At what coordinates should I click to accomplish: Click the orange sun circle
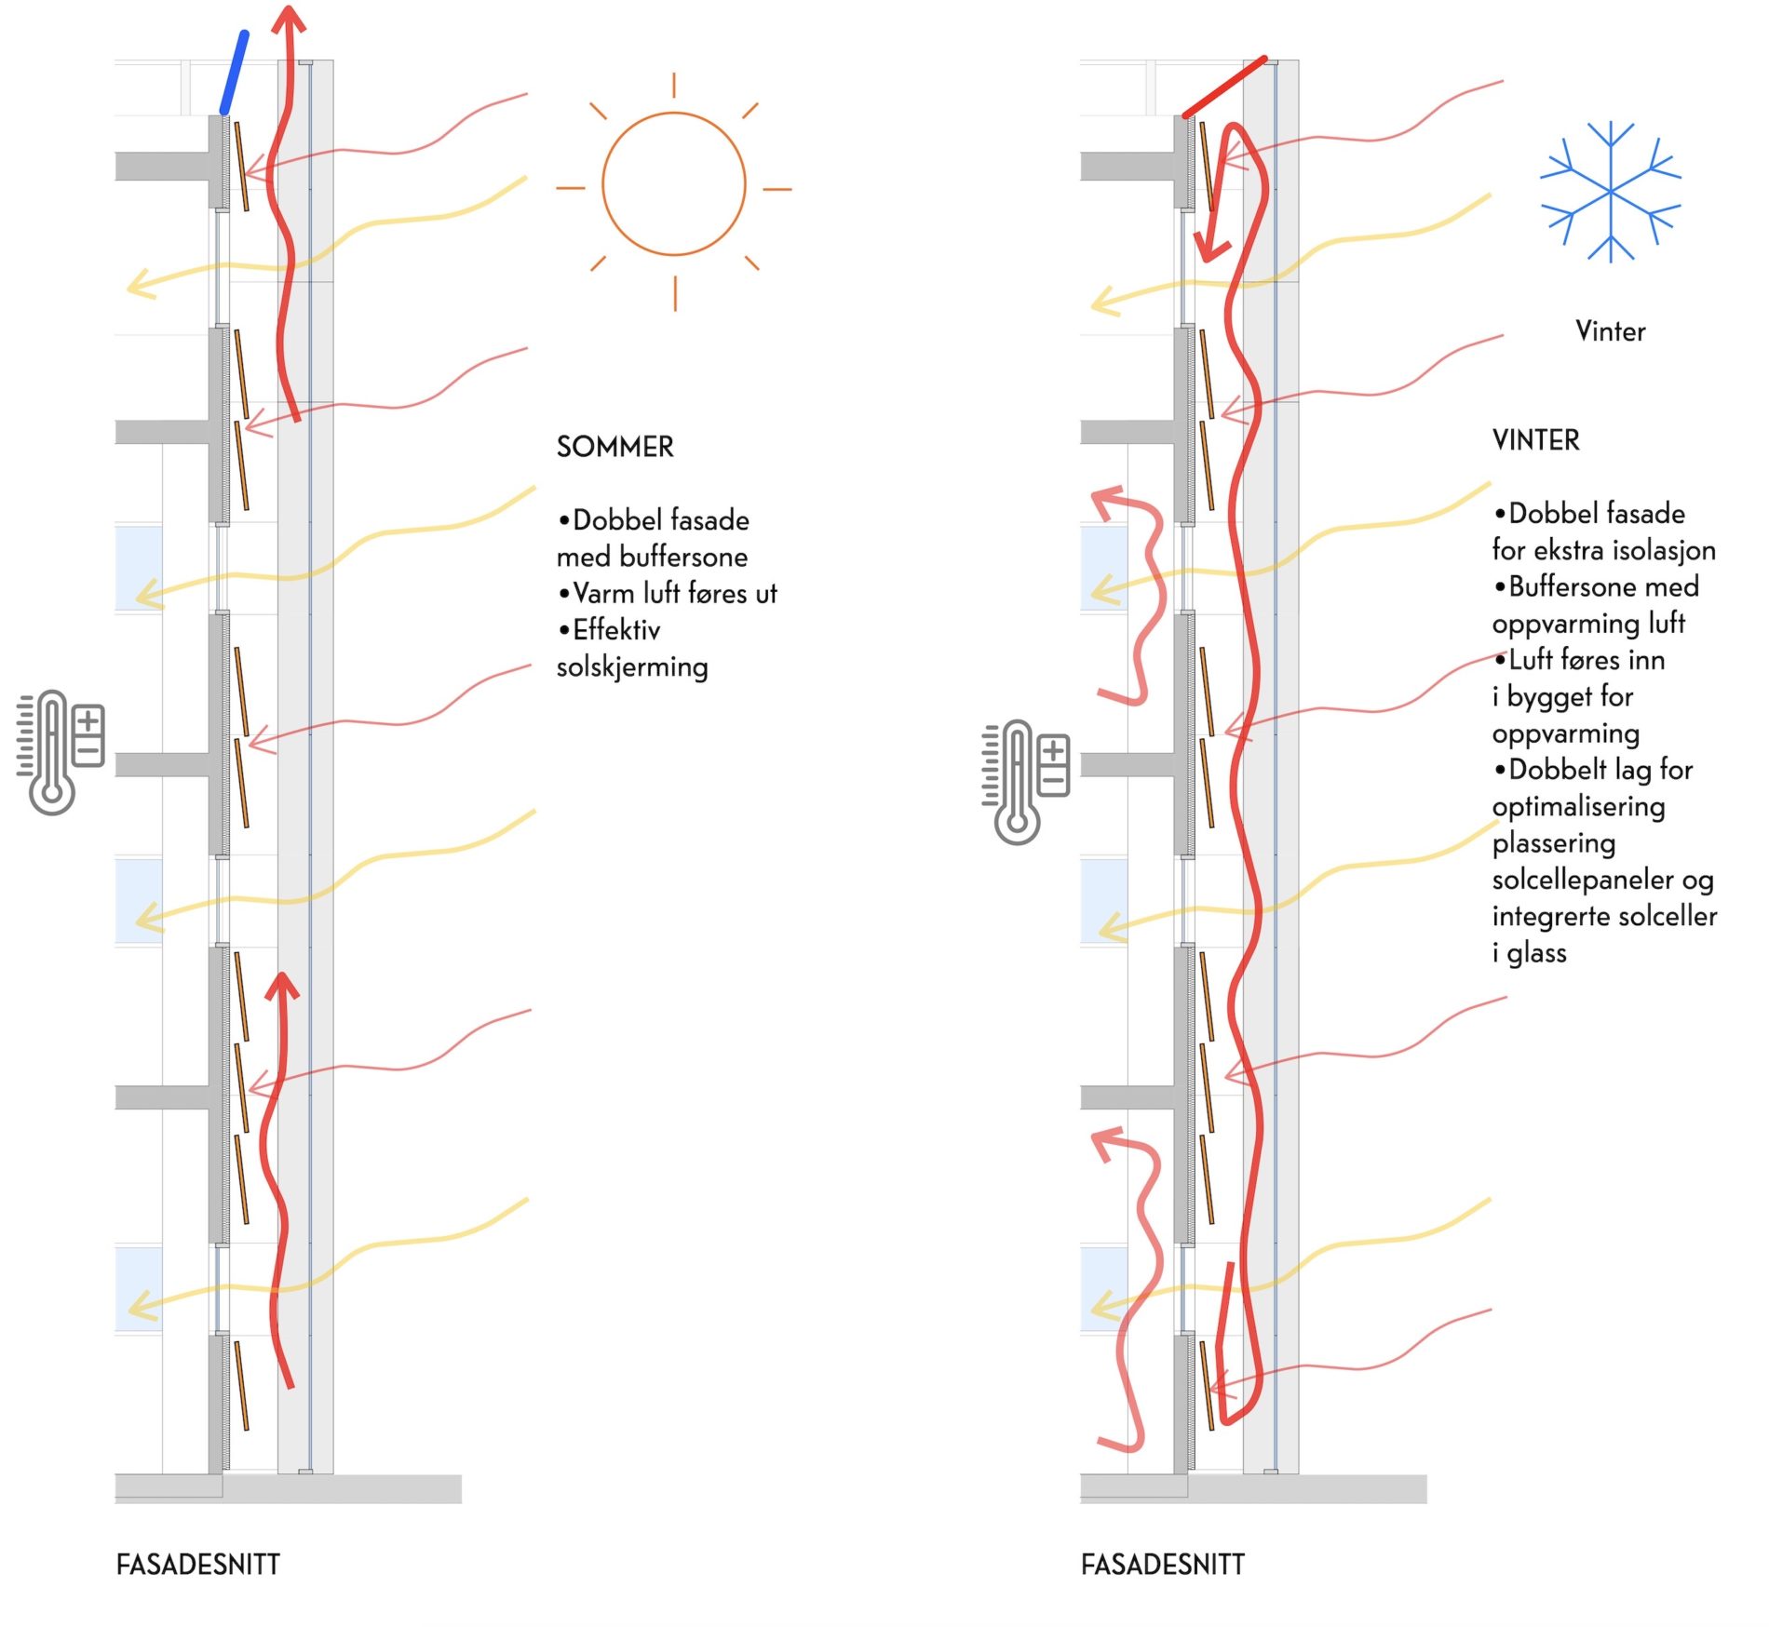pyautogui.click(x=673, y=184)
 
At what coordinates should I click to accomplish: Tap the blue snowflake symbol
pyautogui.click(x=1610, y=192)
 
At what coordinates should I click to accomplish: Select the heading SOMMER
pyautogui.click(x=614, y=447)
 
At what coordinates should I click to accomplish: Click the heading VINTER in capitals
pyautogui.click(x=1535, y=440)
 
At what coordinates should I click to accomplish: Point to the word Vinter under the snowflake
pyautogui.click(x=1610, y=331)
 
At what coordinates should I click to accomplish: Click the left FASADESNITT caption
pyautogui.click(x=197, y=1565)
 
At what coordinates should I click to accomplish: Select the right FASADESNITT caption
pyautogui.click(x=1162, y=1565)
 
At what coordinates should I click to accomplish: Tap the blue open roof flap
pyautogui.click(x=234, y=73)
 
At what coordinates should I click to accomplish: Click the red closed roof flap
pyautogui.click(x=1224, y=87)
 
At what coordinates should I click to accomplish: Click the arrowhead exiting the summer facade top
pyautogui.click(x=290, y=19)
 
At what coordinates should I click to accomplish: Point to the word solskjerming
pyautogui.click(x=632, y=667)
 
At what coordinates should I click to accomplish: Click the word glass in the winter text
pyautogui.click(x=1536, y=953)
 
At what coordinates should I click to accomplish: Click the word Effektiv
pyautogui.click(x=616, y=630)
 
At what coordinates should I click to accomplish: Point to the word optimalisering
pyautogui.click(x=1578, y=806)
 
